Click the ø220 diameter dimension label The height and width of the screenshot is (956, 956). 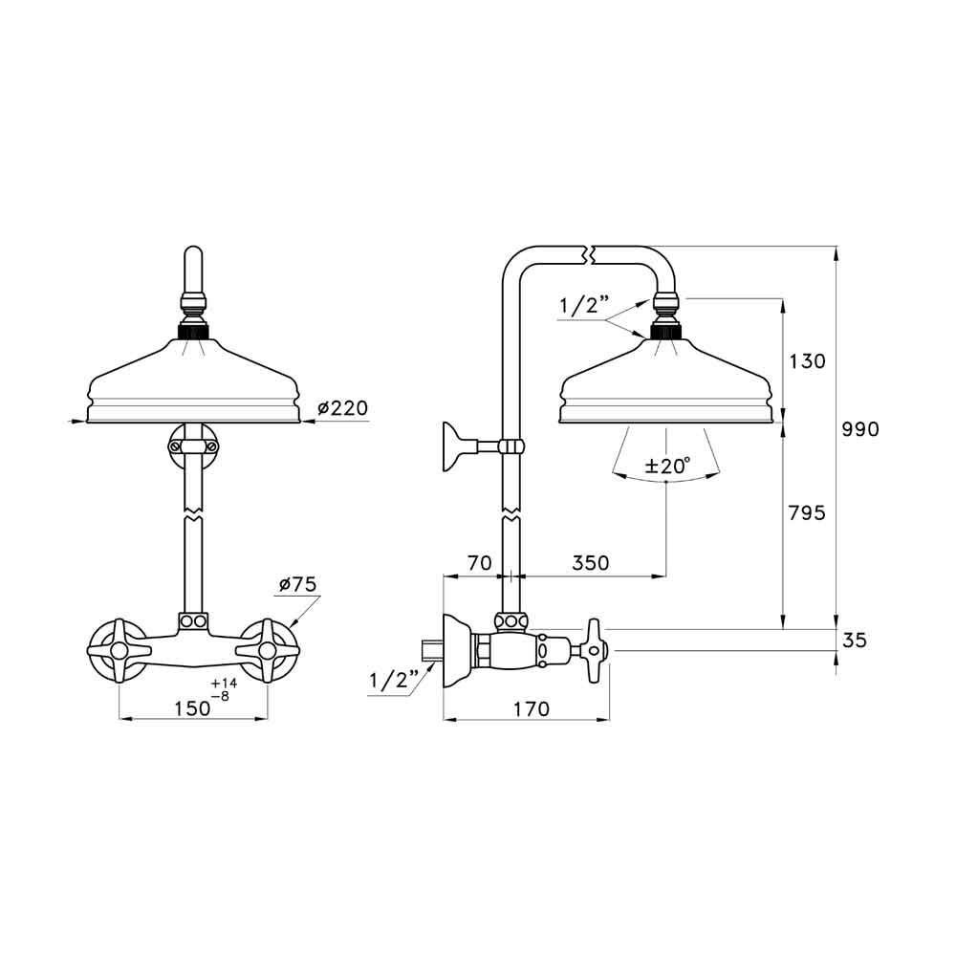(x=342, y=408)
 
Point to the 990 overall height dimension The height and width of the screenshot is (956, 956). (x=859, y=429)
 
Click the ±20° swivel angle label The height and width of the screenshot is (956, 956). (x=666, y=466)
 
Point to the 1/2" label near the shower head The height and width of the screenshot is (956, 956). (x=584, y=306)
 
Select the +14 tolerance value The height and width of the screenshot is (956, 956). (x=224, y=684)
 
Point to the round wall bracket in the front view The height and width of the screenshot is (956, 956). (x=192, y=446)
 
